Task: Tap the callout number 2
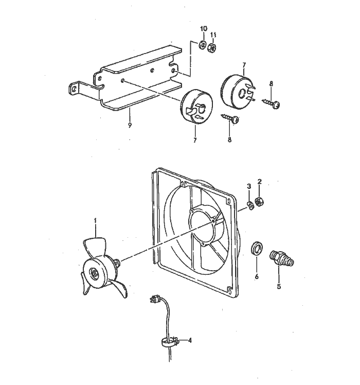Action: (x=260, y=182)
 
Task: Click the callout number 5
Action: (x=279, y=287)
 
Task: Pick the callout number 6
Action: (x=257, y=276)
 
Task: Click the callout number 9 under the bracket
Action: (x=130, y=125)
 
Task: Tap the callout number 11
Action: (x=214, y=34)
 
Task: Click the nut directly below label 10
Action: (x=203, y=45)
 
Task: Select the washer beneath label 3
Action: (x=249, y=206)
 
